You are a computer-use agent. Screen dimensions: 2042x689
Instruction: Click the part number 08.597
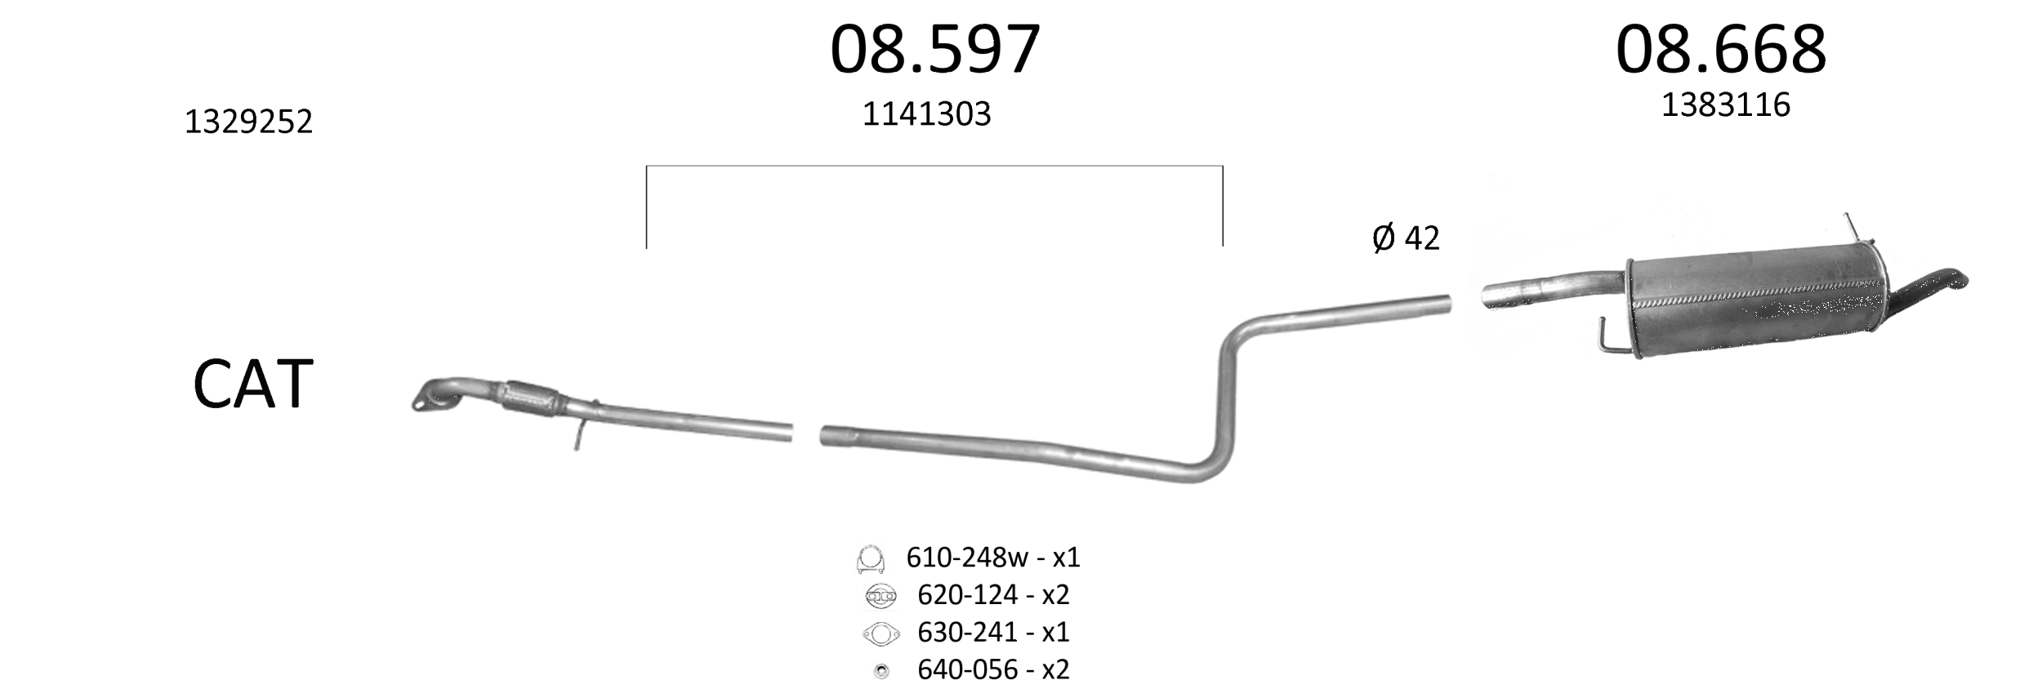pyautogui.click(x=934, y=50)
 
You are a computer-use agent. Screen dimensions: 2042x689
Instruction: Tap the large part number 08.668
pyautogui.click(x=1720, y=50)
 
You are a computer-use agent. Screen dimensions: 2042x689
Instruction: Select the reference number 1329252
pyautogui.click(x=248, y=122)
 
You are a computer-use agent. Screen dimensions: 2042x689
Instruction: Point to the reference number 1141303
pyautogui.click(x=926, y=114)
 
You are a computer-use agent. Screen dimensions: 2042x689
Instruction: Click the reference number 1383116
pyautogui.click(x=1725, y=105)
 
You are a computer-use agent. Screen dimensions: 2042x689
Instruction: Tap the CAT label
pyautogui.click(x=253, y=384)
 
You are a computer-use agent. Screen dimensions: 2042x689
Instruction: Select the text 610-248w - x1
pyautogui.click(x=993, y=558)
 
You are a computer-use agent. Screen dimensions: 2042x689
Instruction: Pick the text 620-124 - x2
pyautogui.click(x=993, y=595)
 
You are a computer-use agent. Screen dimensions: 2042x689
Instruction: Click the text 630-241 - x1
pyautogui.click(x=993, y=632)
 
